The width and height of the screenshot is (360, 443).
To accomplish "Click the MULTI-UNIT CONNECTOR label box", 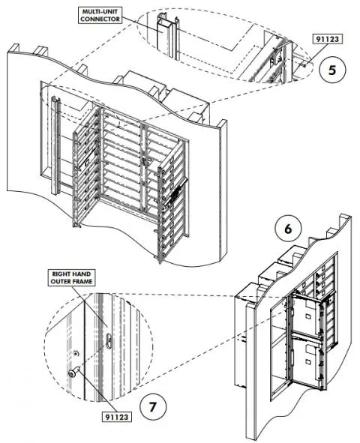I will (x=101, y=15).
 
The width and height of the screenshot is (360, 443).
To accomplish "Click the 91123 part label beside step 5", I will (x=326, y=40).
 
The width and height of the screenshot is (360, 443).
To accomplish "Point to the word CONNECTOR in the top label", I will (x=101, y=19).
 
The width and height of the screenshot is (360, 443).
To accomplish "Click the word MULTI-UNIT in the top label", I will (x=101, y=10).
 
